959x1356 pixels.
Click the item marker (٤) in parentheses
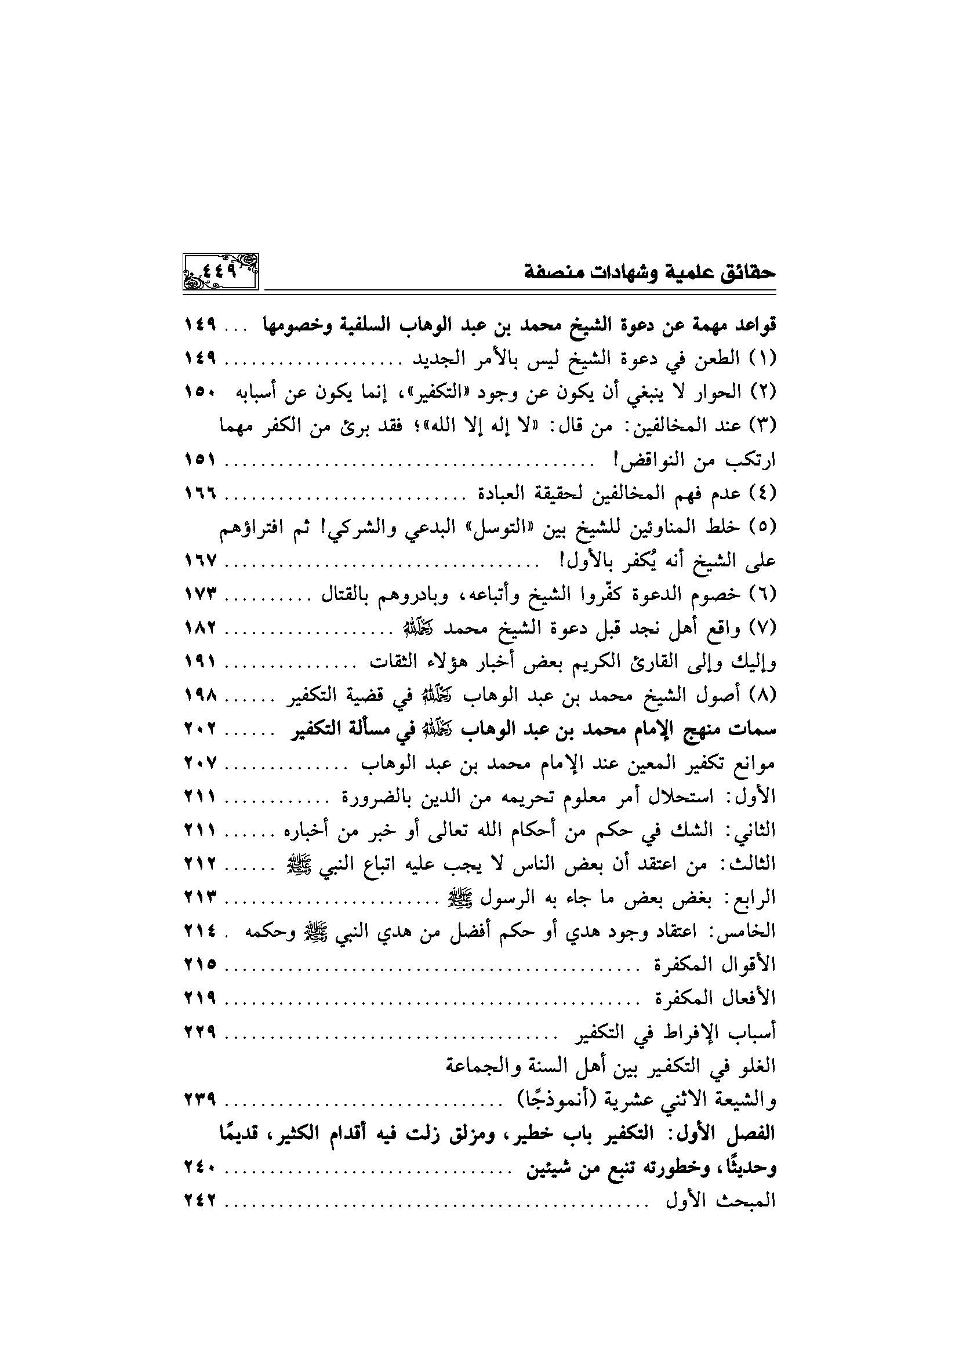761,494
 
